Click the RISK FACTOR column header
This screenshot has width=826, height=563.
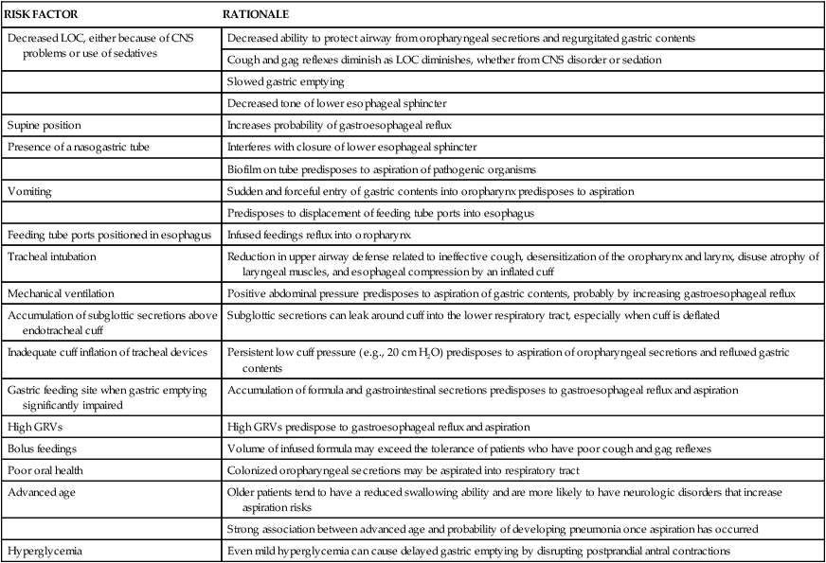42,16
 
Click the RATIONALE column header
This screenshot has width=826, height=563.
256,16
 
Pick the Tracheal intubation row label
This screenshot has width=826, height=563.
48,256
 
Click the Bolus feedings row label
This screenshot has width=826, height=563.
43,449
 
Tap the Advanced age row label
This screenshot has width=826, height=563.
41,493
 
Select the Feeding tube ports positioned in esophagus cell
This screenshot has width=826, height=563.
108,234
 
